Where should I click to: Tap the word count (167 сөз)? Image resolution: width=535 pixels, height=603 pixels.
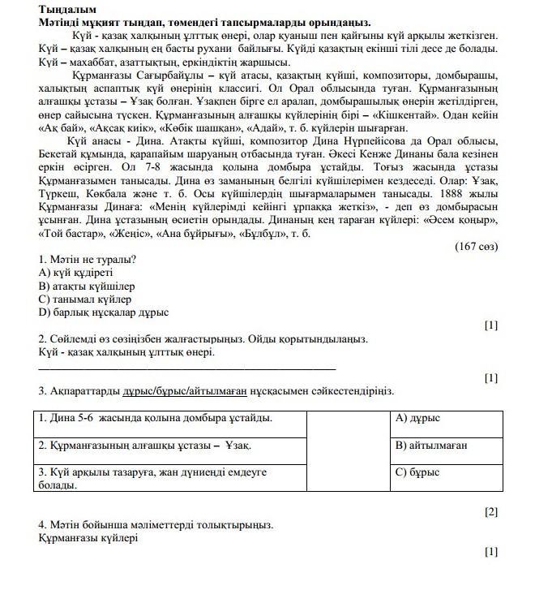pyautogui.click(x=476, y=246)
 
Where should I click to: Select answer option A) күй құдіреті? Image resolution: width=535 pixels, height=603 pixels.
pyautogui.click(x=75, y=273)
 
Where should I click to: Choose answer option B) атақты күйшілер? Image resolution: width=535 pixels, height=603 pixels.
pyautogui.click(x=86, y=286)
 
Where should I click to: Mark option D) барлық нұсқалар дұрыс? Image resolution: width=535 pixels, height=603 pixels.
pyautogui.click(x=103, y=312)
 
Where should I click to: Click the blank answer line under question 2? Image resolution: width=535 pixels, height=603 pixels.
pyautogui.click(x=186, y=369)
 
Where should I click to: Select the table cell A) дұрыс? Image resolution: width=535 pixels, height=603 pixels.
pyautogui.click(x=417, y=419)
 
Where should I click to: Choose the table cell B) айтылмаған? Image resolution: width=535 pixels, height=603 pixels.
pyautogui.click(x=431, y=446)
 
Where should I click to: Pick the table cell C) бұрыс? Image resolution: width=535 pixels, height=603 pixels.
pyautogui.click(x=417, y=472)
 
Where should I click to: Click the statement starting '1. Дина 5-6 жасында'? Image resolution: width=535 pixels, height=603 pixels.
pyautogui.click(x=155, y=419)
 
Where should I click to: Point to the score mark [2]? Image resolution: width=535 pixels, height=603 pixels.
pyautogui.click(x=490, y=511)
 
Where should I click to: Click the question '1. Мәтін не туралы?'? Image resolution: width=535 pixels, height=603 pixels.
pyautogui.click(x=87, y=260)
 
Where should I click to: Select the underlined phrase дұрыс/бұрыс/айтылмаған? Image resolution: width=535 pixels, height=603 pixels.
pyautogui.click(x=184, y=391)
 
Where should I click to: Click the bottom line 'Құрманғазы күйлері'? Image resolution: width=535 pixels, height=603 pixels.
pyautogui.click(x=88, y=537)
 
